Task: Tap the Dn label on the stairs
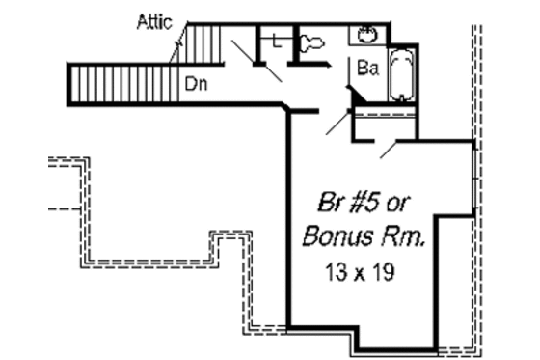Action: (198, 83)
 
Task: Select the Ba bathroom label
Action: (367, 69)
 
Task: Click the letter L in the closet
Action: (277, 41)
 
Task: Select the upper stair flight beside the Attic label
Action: (203, 43)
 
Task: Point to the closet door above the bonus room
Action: (387, 147)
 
